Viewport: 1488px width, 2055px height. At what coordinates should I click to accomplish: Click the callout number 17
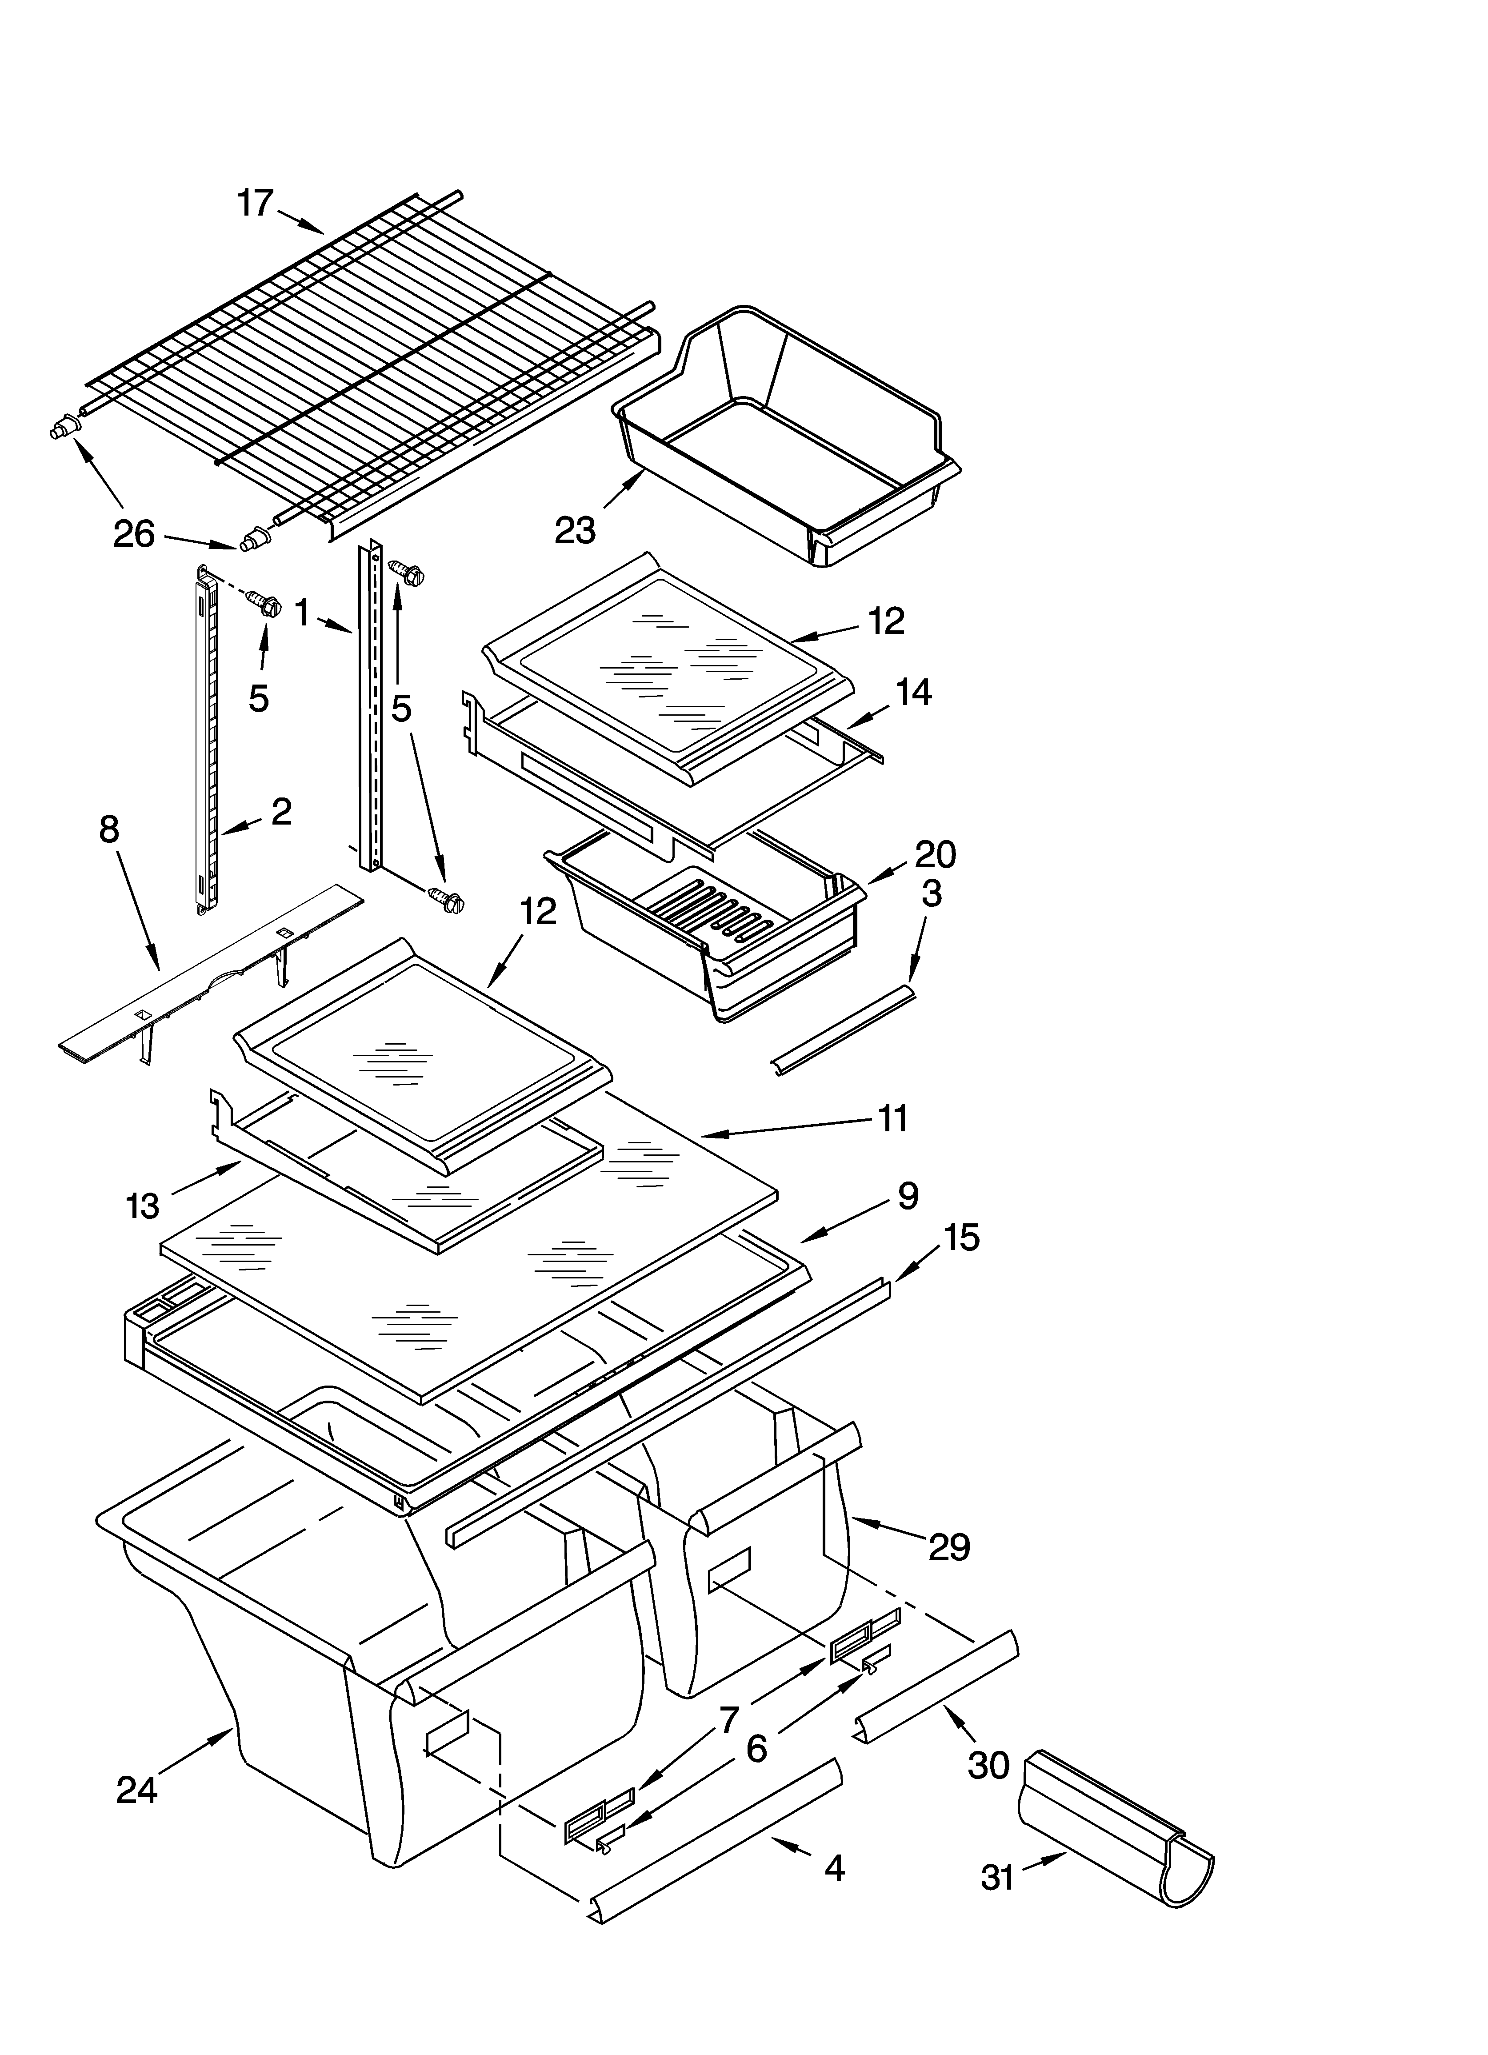[256, 203]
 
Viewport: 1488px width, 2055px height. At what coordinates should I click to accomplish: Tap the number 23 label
[576, 530]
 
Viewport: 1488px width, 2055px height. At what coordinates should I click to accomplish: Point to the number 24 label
[137, 1790]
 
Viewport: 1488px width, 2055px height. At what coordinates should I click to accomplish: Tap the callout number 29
[949, 1546]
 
